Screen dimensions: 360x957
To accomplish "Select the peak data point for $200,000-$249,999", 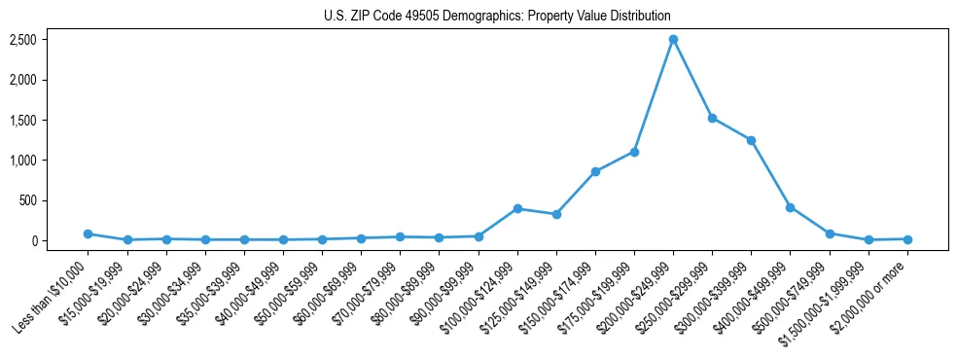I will coord(673,39).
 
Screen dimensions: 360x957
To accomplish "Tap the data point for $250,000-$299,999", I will coord(712,118).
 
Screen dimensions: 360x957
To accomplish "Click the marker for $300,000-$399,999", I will coord(751,140).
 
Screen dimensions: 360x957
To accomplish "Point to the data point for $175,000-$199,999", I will coord(634,152).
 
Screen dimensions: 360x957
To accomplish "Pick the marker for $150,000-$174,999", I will coord(595,171).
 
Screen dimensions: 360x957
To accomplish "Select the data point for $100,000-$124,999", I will coord(517,208).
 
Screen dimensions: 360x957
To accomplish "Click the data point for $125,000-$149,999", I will coord(556,214).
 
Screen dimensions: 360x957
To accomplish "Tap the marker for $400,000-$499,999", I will coord(790,207).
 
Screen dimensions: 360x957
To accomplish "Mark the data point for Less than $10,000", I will coord(88,234).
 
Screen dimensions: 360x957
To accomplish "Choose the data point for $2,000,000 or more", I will coord(907,238).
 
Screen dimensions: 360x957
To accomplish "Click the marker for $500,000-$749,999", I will coord(830,234).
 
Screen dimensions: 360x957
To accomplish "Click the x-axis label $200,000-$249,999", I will coord(637,292).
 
